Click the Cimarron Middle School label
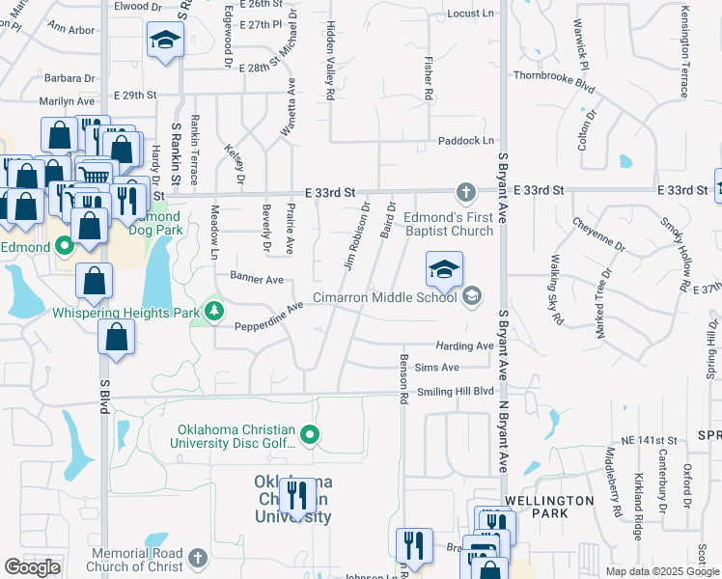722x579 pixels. click(384, 298)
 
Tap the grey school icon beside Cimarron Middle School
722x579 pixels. click(472, 295)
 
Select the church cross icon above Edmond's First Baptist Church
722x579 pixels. click(465, 191)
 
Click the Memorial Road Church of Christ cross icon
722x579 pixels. click(197, 558)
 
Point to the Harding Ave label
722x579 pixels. click(464, 345)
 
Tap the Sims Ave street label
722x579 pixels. click(436, 368)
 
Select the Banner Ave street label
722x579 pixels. click(256, 279)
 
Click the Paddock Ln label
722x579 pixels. click(465, 141)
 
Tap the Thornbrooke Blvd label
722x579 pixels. click(551, 74)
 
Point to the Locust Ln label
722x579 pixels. click(471, 14)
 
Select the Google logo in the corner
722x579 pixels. click(31, 567)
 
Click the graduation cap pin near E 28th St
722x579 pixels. click(165, 41)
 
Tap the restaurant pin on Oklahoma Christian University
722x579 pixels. click(297, 498)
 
